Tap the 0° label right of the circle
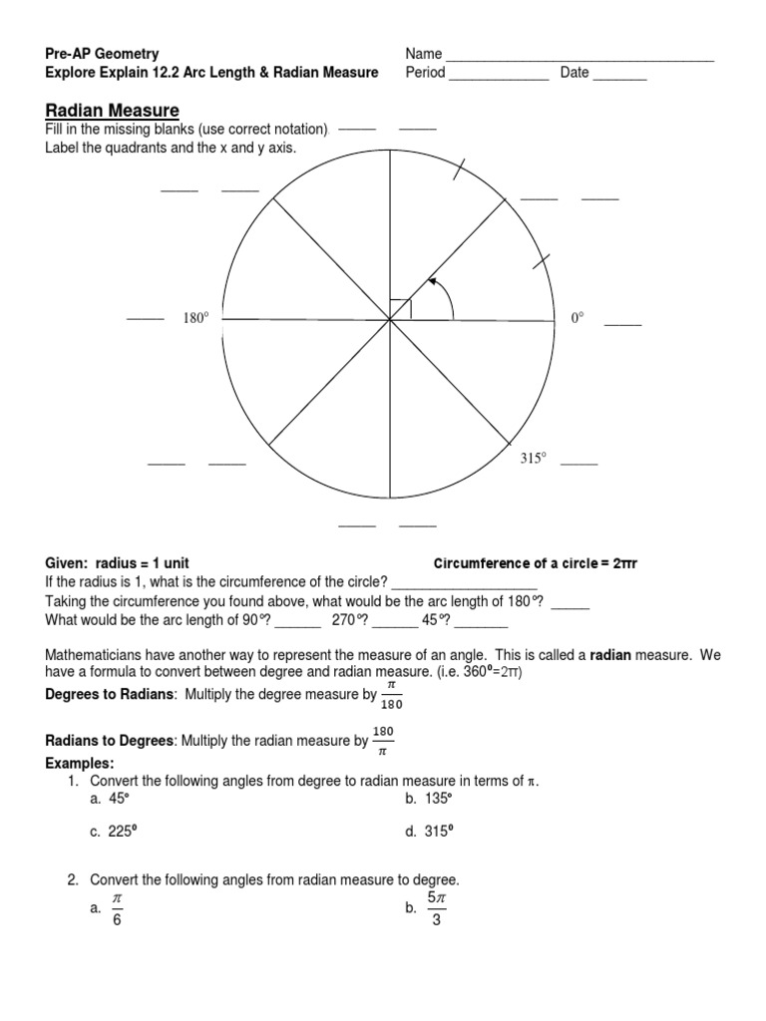coord(576,318)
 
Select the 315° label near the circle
coord(534,459)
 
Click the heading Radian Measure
coord(112,110)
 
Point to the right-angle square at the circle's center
coord(400,309)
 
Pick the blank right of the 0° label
coord(623,325)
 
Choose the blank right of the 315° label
coord(579,465)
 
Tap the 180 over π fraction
coord(384,741)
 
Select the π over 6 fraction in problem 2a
coord(117,908)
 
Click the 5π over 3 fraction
coord(437,907)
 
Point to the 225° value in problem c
coord(122,833)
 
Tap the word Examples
coord(79,763)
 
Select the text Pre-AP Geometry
coord(102,53)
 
